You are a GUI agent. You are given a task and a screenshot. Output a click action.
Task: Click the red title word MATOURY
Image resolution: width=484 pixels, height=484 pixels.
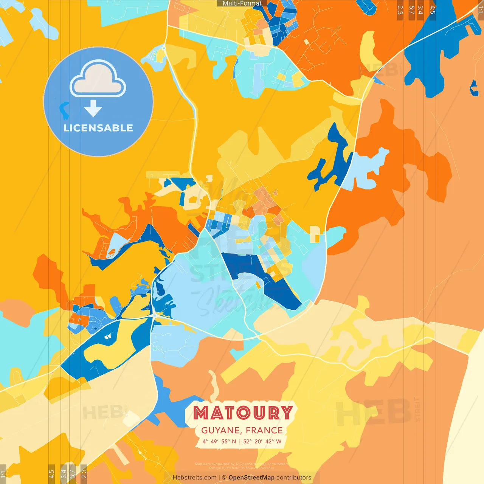coord(243,413)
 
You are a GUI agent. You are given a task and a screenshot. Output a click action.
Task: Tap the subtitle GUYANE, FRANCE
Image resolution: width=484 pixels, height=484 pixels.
coord(242,430)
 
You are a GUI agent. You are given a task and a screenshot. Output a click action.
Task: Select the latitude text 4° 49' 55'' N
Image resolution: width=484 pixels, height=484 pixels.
coord(219,441)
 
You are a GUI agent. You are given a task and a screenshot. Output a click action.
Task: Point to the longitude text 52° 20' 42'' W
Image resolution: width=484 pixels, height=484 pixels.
coord(262,441)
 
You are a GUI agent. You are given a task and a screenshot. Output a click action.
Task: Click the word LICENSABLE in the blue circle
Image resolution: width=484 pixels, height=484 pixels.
coord(98,128)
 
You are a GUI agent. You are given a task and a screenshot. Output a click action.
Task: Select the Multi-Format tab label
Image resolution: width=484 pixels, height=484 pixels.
coord(242,3)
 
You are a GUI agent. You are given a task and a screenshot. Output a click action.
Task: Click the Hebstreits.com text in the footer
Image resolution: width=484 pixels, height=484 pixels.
coord(194,478)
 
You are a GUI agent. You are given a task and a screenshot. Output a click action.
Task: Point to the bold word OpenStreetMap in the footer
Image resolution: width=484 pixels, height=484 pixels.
coord(251,478)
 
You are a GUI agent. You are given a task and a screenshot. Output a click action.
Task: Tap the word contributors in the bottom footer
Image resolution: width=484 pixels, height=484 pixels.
coord(294,478)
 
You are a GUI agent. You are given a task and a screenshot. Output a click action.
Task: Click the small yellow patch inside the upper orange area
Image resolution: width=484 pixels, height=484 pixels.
coord(369,49)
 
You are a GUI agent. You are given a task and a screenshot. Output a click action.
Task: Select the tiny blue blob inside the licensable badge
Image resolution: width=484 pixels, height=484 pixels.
coord(64,110)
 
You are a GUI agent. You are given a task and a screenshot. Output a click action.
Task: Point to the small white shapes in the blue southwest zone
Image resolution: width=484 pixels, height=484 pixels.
coord(107,336)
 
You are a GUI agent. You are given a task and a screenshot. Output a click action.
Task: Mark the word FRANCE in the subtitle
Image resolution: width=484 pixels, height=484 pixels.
coord(264,430)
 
